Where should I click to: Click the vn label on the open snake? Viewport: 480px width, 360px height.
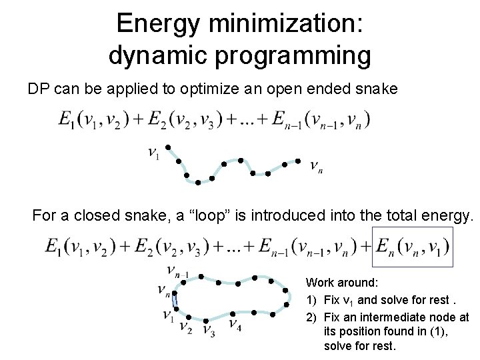[x=316, y=166]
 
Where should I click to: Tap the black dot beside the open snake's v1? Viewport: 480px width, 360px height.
[x=169, y=147]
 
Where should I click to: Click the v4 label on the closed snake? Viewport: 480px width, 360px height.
[x=235, y=324]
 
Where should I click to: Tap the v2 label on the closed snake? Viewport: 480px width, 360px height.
[x=186, y=327]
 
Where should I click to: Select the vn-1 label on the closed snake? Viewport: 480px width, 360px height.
[x=177, y=271]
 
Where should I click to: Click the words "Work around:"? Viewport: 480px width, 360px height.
[x=333, y=283]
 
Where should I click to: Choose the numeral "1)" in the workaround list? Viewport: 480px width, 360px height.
[x=311, y=299]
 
